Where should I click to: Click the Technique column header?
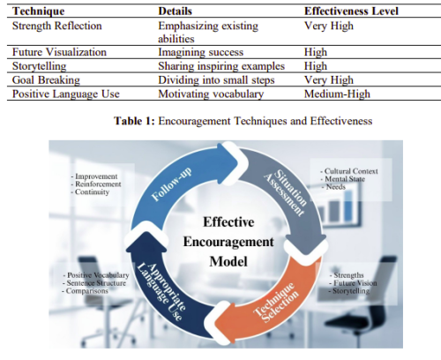[x=38, y=11]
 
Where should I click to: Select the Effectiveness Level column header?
[x=351, y=11]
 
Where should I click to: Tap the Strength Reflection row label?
[x=57, y=26]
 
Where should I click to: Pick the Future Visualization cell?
[x=59, y=52]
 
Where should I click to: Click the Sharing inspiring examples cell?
[x=221, y=66]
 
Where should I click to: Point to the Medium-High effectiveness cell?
[x=337, y=94]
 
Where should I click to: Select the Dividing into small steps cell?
[x=216, y=80]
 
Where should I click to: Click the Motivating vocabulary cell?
[x=211, y=94]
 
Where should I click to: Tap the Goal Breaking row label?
[x=46, y=80]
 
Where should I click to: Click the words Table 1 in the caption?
[x=134, y=121]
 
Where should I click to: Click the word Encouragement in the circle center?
[x=228, y=242]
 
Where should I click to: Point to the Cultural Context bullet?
[x=349, y=171]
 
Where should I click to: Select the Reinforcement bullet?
[x=96, y=184]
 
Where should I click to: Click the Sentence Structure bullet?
[x=94, y=283]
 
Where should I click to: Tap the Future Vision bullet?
[x=353, y=283]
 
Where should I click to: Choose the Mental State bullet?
[x=342, y=179]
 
